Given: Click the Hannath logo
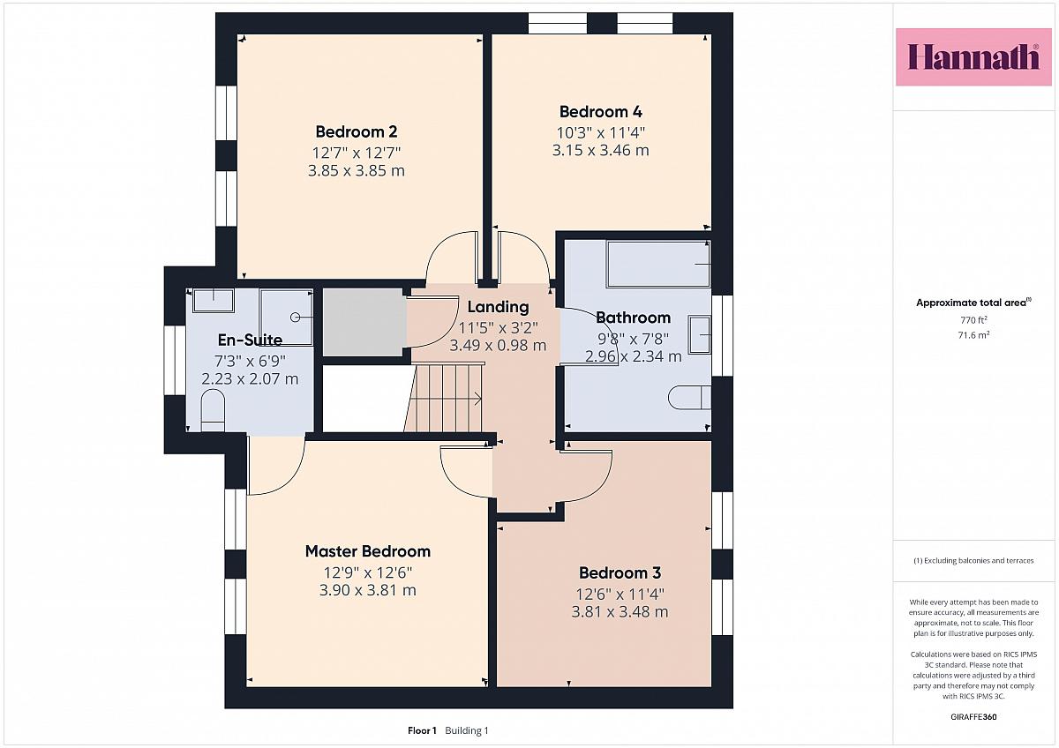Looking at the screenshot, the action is coord(973,57).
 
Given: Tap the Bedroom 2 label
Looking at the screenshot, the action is coord(356,131).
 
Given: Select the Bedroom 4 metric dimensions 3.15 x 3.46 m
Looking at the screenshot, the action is coord(600,150).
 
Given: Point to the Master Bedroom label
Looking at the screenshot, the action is coord(368,551).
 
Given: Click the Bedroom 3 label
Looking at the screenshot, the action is coord(620,572).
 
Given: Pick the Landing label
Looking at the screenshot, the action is coord(498,307).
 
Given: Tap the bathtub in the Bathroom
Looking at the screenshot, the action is coord(658,264).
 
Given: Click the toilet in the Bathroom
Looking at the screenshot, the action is coord(690,398).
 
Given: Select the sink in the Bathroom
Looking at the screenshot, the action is coord(700,334).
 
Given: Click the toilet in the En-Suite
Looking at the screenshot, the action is coord(213,410).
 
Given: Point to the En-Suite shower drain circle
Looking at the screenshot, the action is coord(296,318).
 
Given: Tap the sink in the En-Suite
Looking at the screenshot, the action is coord(214,301).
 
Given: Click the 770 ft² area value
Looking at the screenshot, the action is coord(973,320).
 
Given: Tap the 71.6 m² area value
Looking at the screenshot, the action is coord(973,335).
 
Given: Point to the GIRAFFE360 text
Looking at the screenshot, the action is coord(973,717).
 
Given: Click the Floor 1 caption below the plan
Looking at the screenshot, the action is coord(422,730).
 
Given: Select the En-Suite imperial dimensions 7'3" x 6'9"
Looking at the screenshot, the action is coord(250,362).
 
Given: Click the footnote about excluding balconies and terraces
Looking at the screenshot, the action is coord(973,561).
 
